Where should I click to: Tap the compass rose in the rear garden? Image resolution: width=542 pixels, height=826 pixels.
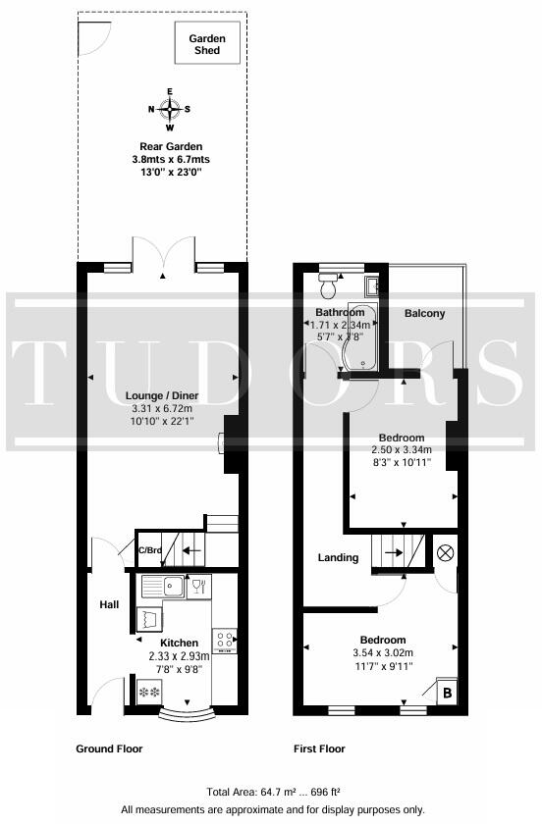pyautogui.click(x=170, y=109)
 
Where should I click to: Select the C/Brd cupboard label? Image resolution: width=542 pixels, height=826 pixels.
pyautogui.click(x=150, y=550)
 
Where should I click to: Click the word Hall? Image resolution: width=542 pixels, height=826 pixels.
pyautogui.click(x=109, y=605)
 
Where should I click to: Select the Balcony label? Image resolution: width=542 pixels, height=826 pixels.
pyautogui.click(x=424, y=314)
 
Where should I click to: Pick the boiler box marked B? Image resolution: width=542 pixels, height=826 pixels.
pyautogui.click(x=447, y=693)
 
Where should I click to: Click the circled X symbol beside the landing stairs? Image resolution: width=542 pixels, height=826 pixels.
pyautogui.click(x=445, y=553)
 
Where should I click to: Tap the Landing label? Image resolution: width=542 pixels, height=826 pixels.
pyautogui.click(x=338, y=558)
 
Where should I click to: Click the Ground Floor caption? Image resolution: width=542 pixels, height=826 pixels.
pyautogui.click(x=109, y=749)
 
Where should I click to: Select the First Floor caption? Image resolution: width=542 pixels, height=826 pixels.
pyautogui.click(x=319, y=749)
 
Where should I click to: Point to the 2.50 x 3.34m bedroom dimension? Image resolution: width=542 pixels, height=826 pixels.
pyautogui.click(x=402, y=450)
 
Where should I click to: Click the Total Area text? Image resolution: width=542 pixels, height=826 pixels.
pyautogui.click(x=273, y=792)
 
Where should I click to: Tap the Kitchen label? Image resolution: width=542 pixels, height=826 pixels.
pyautogui.click(x=187, y=644)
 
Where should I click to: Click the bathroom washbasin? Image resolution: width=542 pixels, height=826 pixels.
pyautogui.click(x=372, y=286)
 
